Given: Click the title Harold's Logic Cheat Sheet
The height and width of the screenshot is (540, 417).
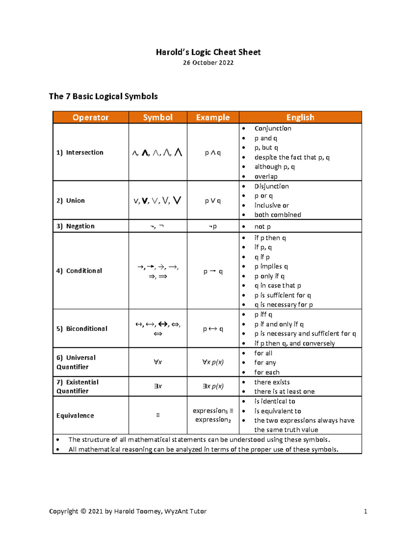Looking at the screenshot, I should [208, 52].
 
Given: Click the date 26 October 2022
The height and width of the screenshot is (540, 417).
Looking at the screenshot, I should [208, 63].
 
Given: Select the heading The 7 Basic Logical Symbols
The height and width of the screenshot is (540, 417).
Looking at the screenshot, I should [103, 96].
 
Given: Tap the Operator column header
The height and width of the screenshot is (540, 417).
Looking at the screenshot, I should [90, 118].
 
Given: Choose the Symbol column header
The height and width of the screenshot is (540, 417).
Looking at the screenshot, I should [158, 118].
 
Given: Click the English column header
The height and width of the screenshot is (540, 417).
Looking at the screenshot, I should [300, 118].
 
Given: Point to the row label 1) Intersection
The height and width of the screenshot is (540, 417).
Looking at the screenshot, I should [80, 152].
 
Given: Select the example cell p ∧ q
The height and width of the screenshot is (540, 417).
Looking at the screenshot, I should [213, 152].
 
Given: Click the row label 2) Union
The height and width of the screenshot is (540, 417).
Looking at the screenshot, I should [71, 200].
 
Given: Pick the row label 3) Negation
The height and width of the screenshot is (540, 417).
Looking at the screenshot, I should [76, 226].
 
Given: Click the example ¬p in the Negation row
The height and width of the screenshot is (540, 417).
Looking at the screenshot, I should [213, 226].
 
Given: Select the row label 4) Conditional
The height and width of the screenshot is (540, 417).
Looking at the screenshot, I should [79, 271].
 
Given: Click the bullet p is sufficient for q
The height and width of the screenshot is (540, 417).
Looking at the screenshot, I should [283, 295].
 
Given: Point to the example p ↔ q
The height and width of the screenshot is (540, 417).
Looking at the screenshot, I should [213, 329].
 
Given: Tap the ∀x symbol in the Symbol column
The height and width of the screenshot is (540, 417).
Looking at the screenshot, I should [158, 362].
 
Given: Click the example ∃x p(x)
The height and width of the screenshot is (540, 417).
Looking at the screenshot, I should [213, 386].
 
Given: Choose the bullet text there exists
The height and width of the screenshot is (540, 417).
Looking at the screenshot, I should [272, 382].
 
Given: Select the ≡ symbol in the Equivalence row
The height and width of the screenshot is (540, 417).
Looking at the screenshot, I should [158, 415].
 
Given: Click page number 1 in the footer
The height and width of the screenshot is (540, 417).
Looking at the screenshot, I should [365, 511].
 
